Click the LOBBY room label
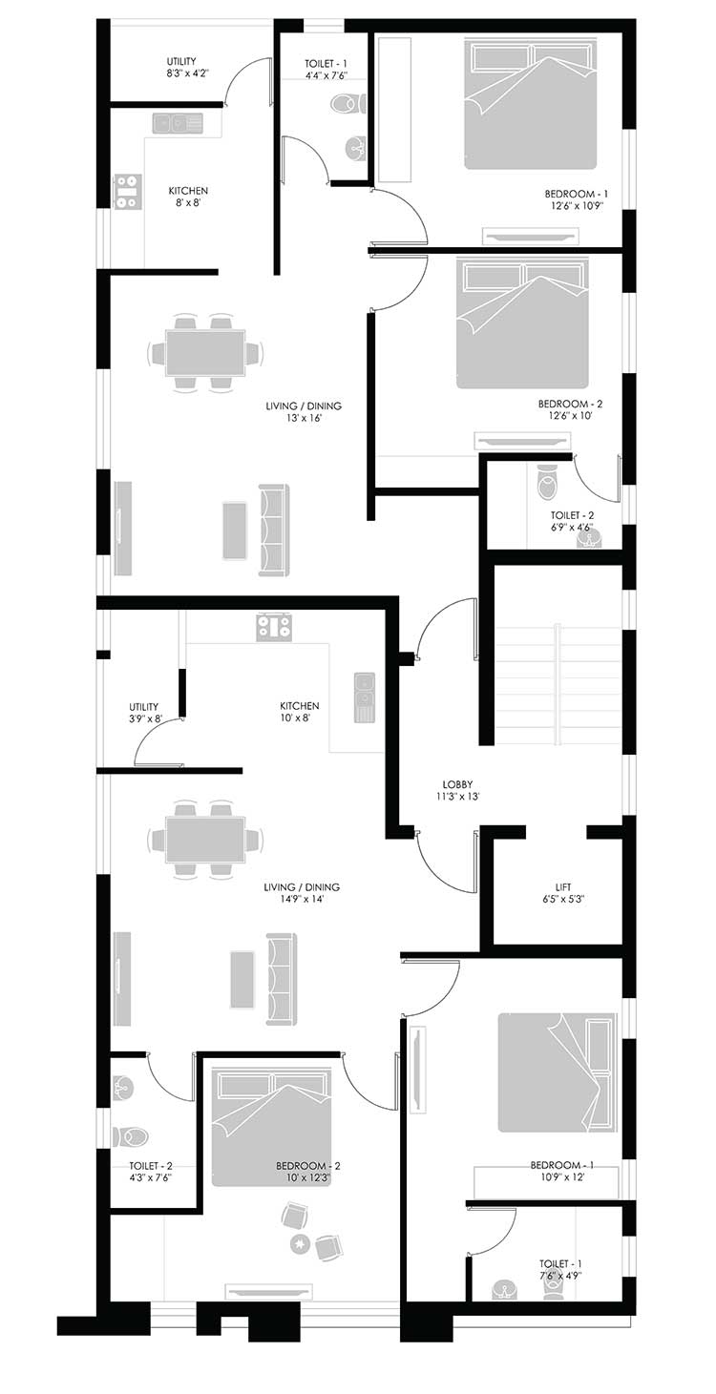457,784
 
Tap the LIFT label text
563,887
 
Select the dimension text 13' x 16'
304,418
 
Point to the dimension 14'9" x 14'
302,899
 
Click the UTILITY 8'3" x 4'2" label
181,67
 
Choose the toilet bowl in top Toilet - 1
346,102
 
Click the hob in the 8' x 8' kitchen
127,191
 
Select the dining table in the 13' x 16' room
205,352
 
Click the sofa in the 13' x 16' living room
274,531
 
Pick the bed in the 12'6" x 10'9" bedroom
531,103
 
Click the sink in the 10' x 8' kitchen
365,697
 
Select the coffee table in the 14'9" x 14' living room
242,979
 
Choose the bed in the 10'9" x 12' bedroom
557,1072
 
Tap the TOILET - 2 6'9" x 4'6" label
572,521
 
